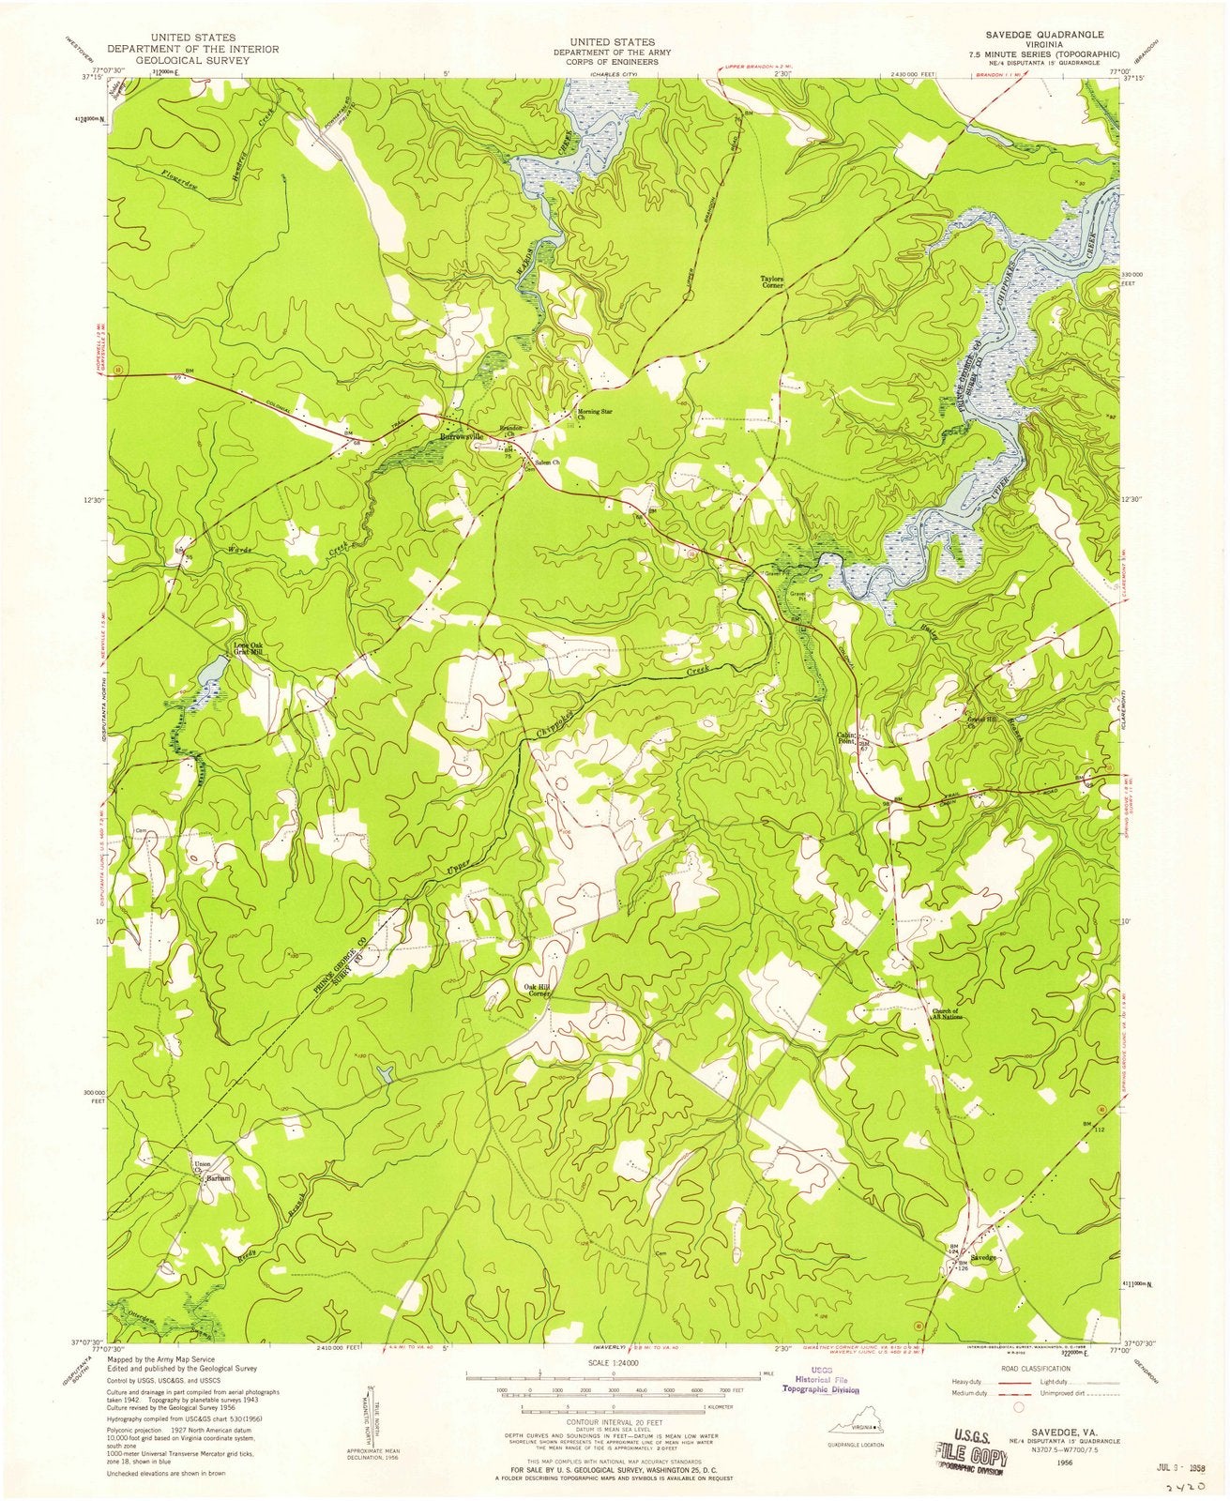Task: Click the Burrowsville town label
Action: (x=462, y=437)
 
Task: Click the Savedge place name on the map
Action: (x=982, y=1256)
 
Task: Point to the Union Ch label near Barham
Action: (x=199, y=1168)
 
